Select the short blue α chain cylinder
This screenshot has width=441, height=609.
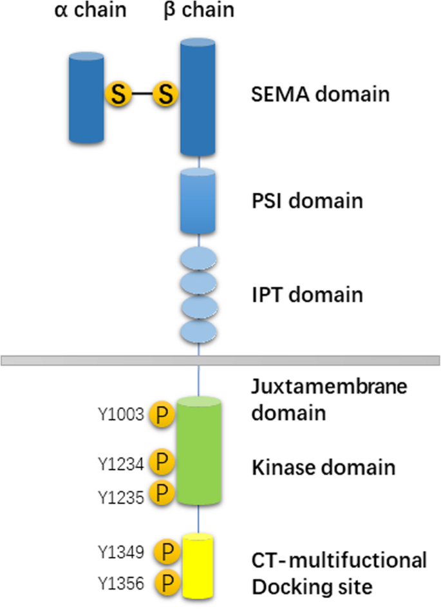(86, 98)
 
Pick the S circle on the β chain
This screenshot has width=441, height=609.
(166, 96)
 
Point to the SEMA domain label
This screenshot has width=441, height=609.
(320, 95)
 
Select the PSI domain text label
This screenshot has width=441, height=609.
(306, 200)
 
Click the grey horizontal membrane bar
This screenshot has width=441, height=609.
(220, 360)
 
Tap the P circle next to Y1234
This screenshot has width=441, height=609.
(162, 462)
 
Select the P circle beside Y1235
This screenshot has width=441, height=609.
(162, 493)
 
